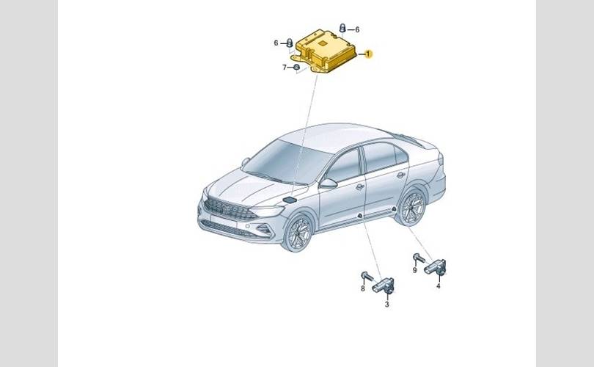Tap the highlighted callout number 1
click(368, 54)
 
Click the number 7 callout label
click(285, 68)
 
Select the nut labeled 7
click(296, 68)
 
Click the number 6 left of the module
click(276, 43)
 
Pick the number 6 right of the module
click(357, 29)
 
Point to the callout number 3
click(386, 304)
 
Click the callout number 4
click(439, 286)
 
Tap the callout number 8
click(362, 288)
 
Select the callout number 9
click(415, 270)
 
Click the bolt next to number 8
click(366, 276)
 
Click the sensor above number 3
click(384, 286)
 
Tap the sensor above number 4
click(436, 267)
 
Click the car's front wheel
click(299, 233)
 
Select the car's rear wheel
click(412, 208)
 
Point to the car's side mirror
click(328, 183)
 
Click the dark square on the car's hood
click(290, 200)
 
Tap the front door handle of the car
click(359, 186)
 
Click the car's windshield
click(286, 162)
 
